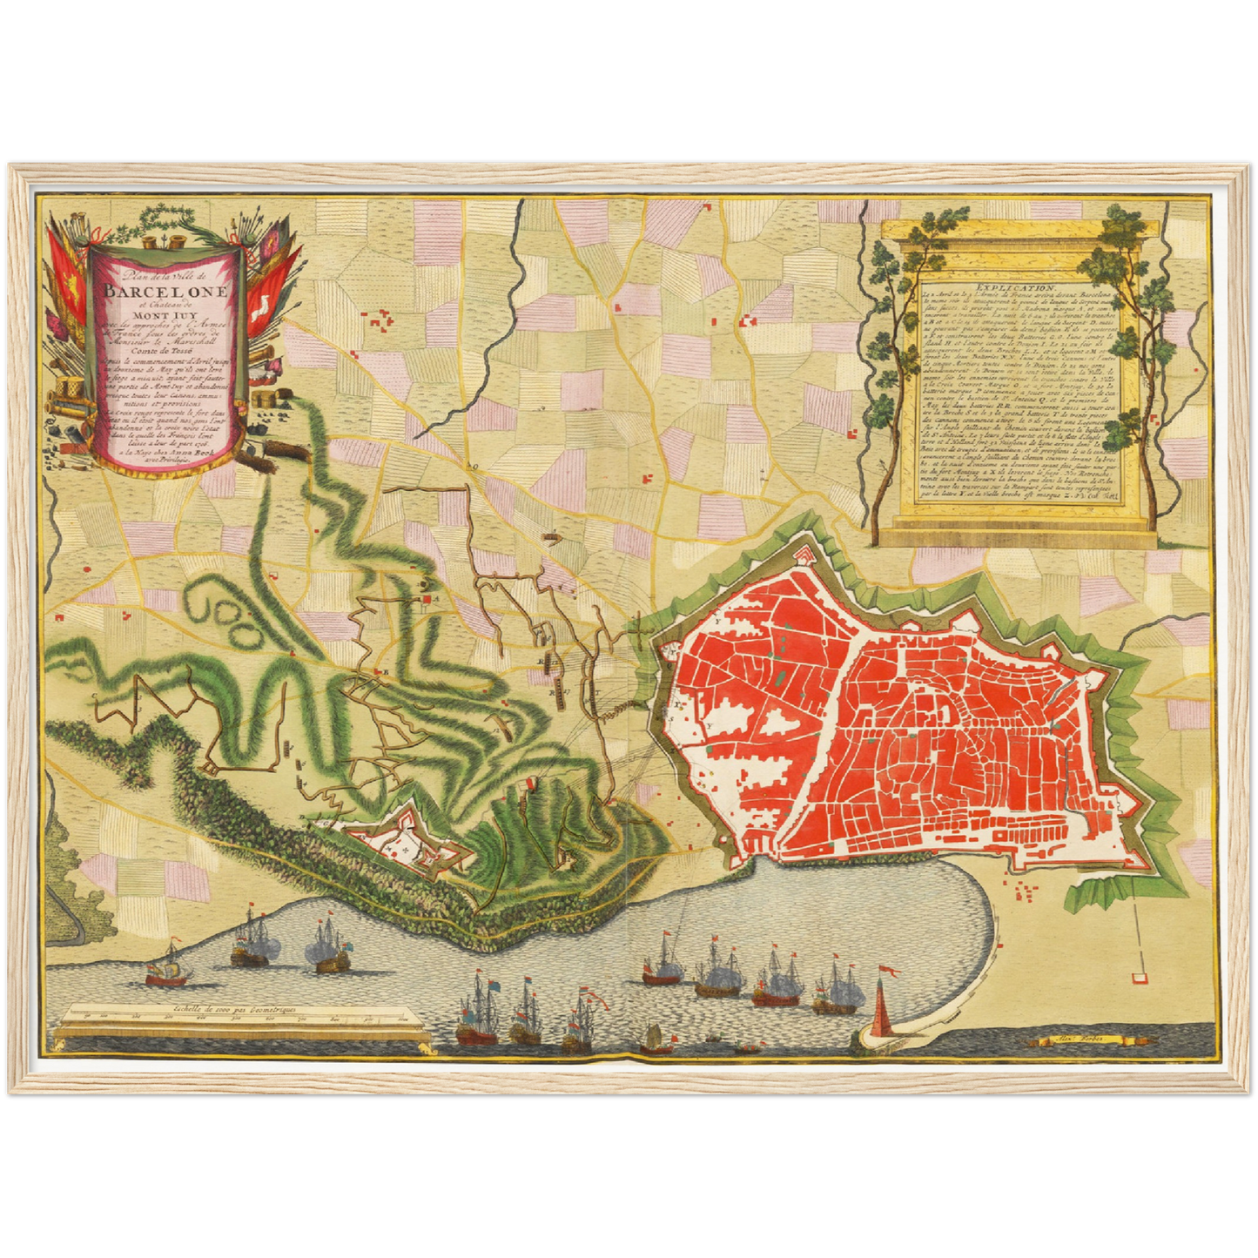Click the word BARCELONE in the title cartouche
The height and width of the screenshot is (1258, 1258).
click(x=165, y=291)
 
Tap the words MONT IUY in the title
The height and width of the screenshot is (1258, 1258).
click(x=165, y=314)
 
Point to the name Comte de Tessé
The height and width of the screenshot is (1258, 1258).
click(x=165, y=352)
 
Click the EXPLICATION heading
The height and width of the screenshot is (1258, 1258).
click(x=1015, y=286)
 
